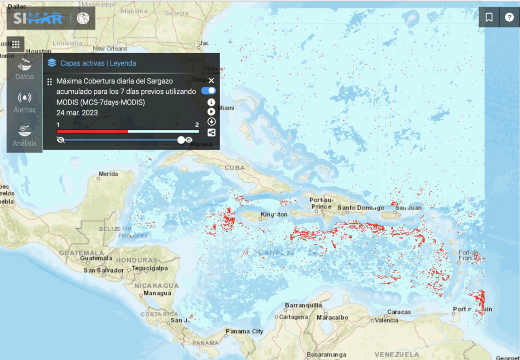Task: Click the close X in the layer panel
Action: click(211, 80)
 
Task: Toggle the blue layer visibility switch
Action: click(209, 91)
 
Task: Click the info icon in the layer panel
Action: click(211, 102)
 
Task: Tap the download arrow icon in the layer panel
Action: click(211, 122)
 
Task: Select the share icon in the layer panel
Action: click(211, 132)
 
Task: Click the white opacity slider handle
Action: click(181, 140)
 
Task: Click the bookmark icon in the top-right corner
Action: click(489, 17)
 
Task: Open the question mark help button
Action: click(509, 17)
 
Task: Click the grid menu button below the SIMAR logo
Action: click(16, 44)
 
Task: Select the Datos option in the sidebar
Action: click(24, 69)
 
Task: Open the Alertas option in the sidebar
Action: click(24, 102)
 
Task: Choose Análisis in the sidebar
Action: click(24, 135)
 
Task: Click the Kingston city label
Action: click(274, 215)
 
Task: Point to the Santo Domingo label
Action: click(360, 208)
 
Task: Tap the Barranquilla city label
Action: click(303, 305)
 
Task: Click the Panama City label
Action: click(244, 331)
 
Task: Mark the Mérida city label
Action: click(108, 174)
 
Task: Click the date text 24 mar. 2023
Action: click(77, 113)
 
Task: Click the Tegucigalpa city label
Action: click(149, 268)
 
